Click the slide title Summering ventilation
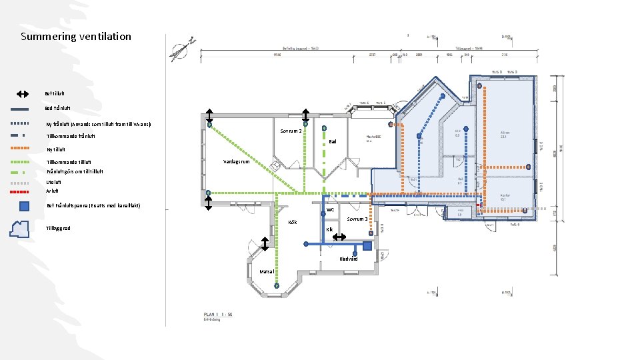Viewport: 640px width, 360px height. [76, 37]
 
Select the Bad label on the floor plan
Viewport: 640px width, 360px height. [333, 141]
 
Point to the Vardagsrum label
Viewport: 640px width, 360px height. [236, 161]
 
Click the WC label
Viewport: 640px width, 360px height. [330, 210]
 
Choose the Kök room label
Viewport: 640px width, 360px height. [291, 222]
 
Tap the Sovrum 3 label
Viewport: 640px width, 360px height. [357, 219]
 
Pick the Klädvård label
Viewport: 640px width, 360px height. [348, 259]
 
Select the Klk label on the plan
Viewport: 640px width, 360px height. [329, 230]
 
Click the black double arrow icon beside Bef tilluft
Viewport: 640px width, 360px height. [22, 95]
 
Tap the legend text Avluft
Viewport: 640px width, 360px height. [52, 191]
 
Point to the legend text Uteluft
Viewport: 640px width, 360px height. [53, 181]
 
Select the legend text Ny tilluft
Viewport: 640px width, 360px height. [56, 149]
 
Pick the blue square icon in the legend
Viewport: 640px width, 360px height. [24, 206]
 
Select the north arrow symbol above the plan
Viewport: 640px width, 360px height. [180, 51]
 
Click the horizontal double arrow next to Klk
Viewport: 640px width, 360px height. [339, 237]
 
